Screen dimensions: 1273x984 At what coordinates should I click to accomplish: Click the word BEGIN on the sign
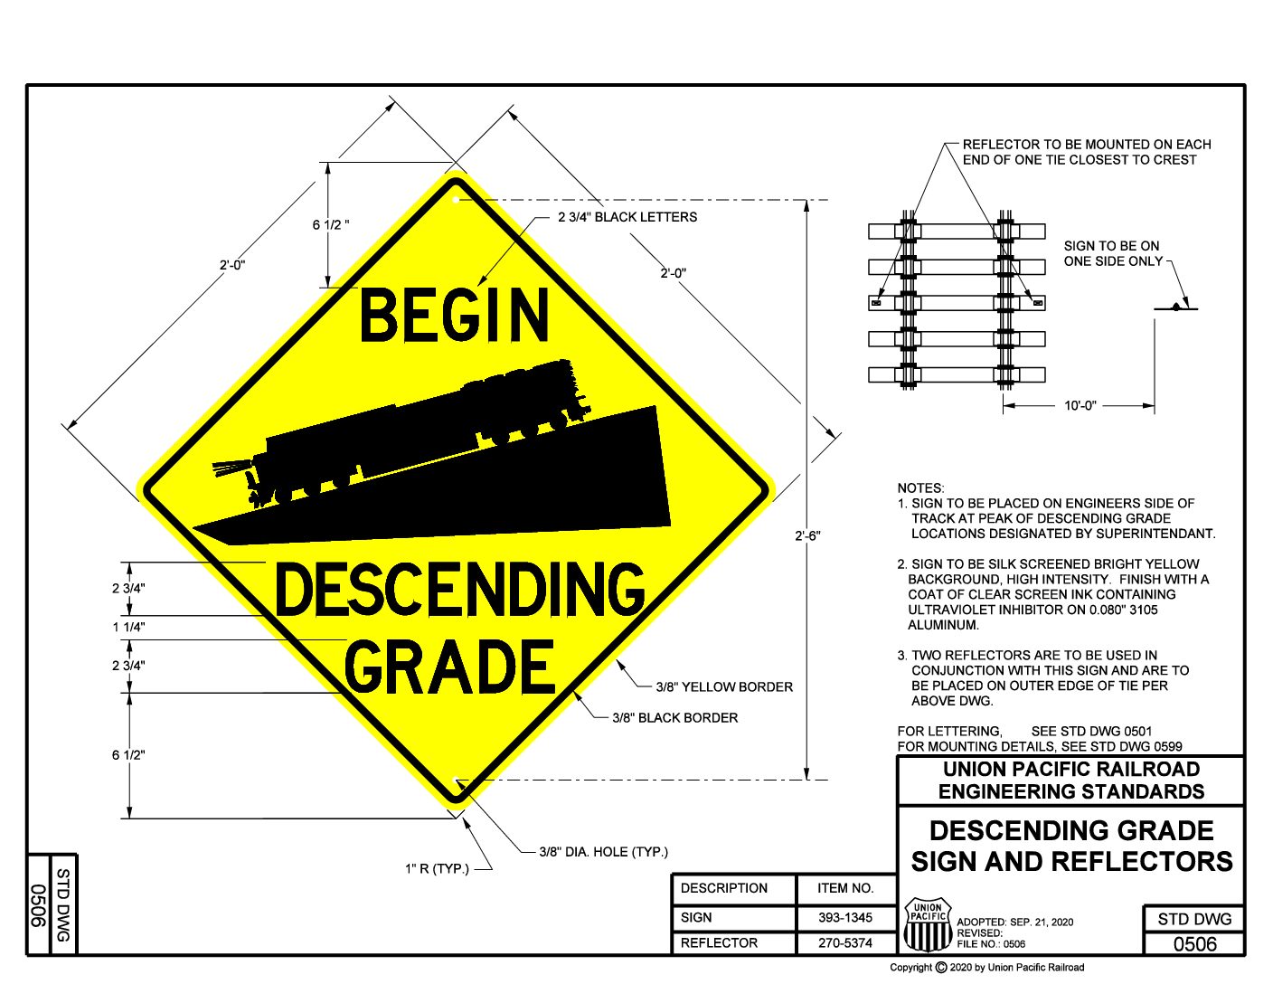coord(455,315)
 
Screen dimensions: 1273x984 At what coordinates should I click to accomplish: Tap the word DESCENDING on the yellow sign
coord(460,589)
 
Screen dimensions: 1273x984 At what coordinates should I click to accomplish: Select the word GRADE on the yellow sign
coord(449,667)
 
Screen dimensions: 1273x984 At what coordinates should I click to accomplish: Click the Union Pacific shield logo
coord(928,924)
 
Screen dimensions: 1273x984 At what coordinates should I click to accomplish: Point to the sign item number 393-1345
coord(844,917)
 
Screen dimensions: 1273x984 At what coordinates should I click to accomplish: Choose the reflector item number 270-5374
coord(844,942)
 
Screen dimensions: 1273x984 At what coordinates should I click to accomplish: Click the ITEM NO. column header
coord(844,888)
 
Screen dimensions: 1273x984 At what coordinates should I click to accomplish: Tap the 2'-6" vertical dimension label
coord(807,535)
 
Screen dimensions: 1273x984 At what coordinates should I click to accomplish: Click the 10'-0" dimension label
coord(1080,405)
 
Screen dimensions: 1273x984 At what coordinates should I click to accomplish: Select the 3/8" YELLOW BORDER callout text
coord(724,686)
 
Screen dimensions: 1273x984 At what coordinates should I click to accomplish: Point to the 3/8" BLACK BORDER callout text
coord(674,718)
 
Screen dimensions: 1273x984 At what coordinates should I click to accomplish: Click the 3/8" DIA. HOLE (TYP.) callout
coord(603,852)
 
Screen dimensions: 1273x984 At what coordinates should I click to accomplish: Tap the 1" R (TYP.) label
coord(437,868)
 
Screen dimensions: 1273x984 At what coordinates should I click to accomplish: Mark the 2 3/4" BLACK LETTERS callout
coord(627,217)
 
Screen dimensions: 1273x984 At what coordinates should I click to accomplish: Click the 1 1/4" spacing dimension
coord(128,627)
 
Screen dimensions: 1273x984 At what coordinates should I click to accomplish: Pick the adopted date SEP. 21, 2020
coord(1042,922)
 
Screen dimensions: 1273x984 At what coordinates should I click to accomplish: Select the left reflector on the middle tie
coord(876,303)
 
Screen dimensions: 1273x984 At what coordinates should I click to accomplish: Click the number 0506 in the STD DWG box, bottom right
coord(1194,944)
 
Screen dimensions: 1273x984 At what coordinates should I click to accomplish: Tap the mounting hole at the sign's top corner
coord(457,201)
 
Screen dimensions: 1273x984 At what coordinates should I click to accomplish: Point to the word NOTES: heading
coord(920,488)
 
